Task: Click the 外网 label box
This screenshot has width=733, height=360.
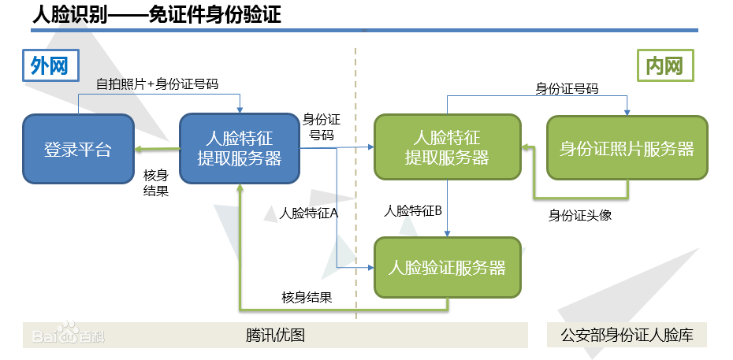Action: pos(50,65)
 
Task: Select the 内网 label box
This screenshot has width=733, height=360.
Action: pos(665,65)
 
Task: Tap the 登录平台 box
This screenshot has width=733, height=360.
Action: pos(78,149)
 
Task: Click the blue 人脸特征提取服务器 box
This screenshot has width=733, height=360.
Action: pos(240,148)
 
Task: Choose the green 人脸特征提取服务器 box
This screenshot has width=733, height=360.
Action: pos(448,147)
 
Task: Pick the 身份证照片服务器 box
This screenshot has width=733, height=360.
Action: pos(627,147)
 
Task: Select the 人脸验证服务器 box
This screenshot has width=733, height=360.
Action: pos(448,268)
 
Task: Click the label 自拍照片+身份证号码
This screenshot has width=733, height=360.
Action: pos(157,84)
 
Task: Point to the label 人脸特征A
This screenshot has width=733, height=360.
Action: pos(308,213)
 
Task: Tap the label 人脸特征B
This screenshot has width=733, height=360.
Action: pos(413,211)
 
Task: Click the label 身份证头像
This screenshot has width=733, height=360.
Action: pos(579,215)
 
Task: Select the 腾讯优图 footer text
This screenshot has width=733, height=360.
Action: pos(275,335)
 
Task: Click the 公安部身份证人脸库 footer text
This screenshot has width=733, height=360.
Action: pos(627,335)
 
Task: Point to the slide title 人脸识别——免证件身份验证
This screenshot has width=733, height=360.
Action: pos(157,15)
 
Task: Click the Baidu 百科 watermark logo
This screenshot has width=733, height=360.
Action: pos(69,333)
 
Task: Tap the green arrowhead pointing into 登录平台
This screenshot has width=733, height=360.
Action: pos(139,149)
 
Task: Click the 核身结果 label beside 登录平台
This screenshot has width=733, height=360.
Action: pos(156,183)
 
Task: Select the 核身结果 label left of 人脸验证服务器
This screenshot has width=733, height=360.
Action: pos(307,298)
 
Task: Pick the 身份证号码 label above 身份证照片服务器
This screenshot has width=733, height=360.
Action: pos(567,88)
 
